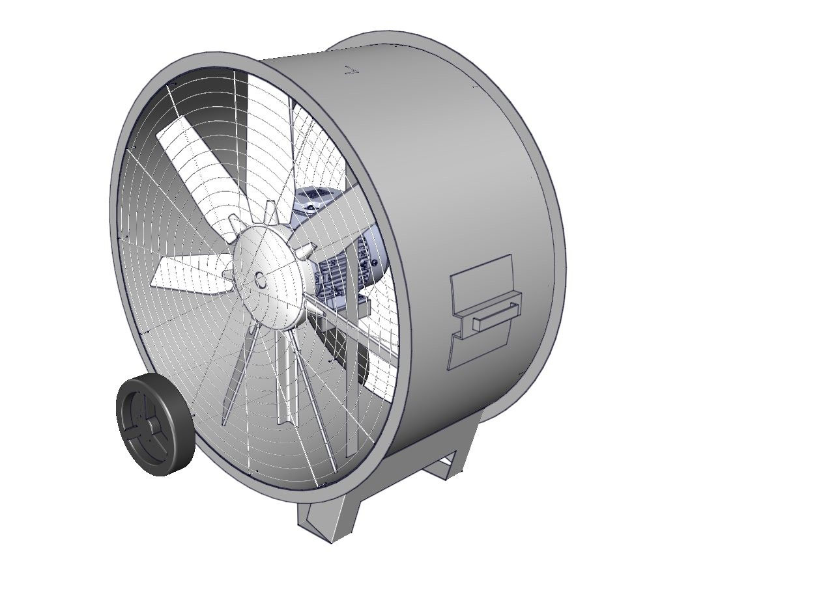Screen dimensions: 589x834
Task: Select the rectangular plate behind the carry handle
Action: click(x=482, y=280)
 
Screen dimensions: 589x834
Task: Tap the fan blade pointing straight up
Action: click(x=267, y=130)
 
